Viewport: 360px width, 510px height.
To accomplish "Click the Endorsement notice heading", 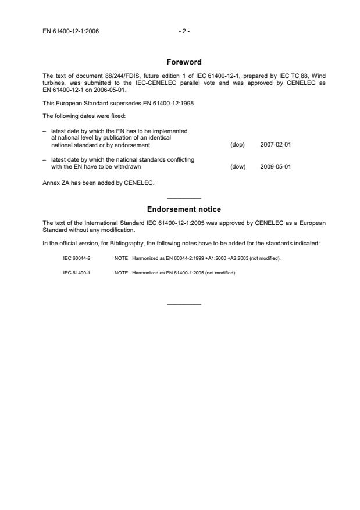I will click(184, 209).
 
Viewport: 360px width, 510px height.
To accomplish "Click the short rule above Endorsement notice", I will click(184, 199).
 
